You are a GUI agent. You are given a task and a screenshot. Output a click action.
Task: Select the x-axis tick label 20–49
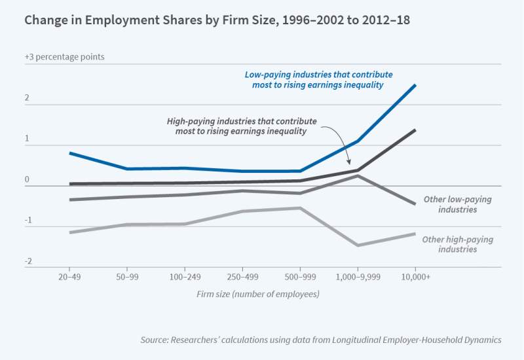point(69,277)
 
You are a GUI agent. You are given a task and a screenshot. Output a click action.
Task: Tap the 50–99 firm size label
point(127,277)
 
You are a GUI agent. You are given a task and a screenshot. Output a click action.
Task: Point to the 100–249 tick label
point(185,277)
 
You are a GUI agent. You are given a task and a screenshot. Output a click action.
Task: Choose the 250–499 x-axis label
point(242,277)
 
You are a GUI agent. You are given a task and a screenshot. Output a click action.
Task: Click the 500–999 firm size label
point(300,277)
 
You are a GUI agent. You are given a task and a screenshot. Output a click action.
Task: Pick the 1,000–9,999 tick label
point(358,277)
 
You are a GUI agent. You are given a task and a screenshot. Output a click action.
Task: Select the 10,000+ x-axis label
point(415,277)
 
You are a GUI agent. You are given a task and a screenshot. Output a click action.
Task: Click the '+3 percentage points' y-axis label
point(65,57)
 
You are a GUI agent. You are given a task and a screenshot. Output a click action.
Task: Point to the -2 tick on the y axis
point(29,262)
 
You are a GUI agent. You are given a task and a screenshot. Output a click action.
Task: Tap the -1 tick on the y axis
point(29,221)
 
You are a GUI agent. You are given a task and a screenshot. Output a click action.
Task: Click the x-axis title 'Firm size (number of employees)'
point(258,294)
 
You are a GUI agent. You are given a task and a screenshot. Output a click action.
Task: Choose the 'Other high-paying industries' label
point(457,244)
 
